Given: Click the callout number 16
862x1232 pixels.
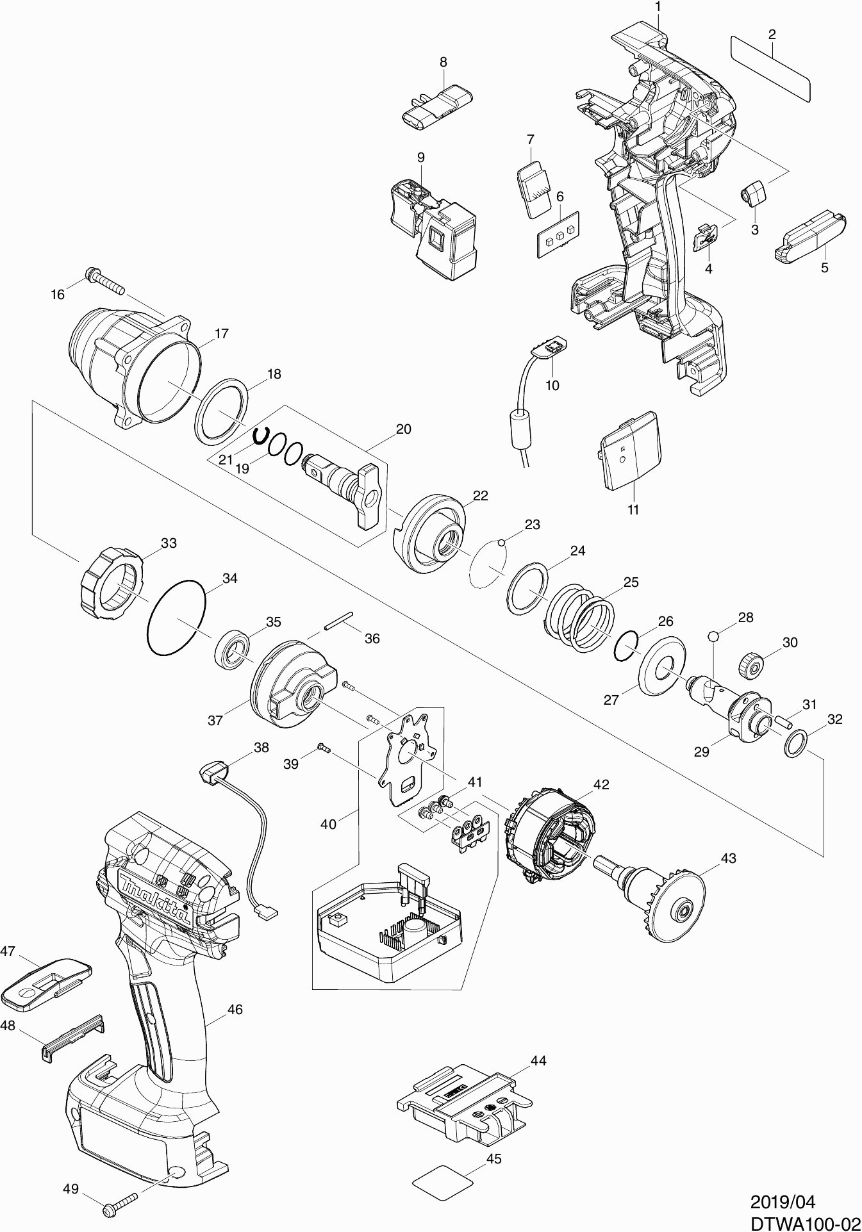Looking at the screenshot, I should point(58,294).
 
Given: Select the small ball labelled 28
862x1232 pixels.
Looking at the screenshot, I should point(713,636).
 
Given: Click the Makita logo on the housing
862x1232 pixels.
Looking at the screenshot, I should point(156,897).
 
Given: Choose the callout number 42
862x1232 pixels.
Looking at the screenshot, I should point(601,784).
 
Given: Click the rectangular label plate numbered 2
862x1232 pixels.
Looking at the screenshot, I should point(770,69).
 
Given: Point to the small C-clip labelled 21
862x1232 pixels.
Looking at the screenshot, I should point(260,436).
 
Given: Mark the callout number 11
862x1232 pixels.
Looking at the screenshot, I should point(633,510).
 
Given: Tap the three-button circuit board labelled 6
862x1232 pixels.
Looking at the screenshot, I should point(558,234).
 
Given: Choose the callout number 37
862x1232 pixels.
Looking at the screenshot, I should point(215,720).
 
